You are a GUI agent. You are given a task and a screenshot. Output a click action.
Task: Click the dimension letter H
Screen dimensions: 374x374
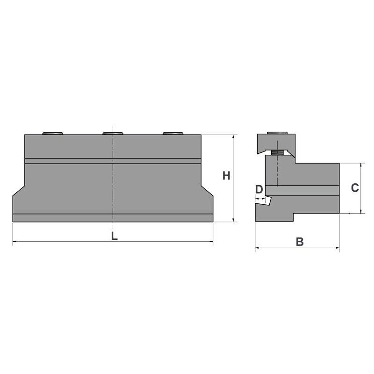[x=226, y=176]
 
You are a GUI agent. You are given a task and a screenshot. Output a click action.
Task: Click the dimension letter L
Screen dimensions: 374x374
[x=114, y=236]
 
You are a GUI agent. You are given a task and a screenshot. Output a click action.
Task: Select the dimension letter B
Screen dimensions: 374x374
[x=300, y=242]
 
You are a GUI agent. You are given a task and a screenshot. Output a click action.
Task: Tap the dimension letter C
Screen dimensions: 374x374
[x=355, y=188]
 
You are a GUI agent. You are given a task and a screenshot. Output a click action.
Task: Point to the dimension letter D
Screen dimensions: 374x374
[x=259, y=189]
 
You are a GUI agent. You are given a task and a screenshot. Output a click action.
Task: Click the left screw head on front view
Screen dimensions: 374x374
[x=53, y=133]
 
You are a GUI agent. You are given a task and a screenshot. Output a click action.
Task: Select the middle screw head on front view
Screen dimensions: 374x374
[x=113, y=133]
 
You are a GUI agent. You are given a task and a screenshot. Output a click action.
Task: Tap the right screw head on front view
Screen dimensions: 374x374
[x=173, y=133]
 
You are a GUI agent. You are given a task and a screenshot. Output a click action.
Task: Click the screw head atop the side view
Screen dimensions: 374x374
[x=277, y=133]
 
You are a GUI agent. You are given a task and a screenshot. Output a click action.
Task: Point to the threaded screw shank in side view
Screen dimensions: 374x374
[x=277, y=153]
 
